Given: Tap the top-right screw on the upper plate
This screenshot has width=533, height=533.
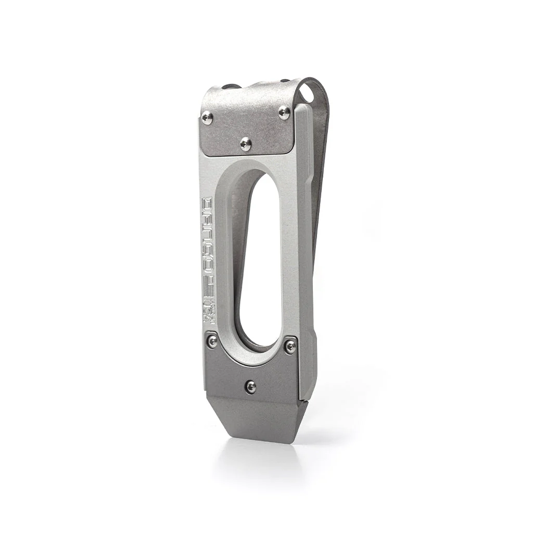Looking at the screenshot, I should (284, 112).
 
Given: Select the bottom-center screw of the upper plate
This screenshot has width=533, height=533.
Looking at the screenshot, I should (246, 144).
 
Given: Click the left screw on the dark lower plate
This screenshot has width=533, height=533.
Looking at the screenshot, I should (212, 341).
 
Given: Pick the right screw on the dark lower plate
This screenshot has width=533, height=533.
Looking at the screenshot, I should (290, 345).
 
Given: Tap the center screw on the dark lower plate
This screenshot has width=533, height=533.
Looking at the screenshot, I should (251, 386).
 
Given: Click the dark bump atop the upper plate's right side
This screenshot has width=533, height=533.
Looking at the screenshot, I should (285, 81).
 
